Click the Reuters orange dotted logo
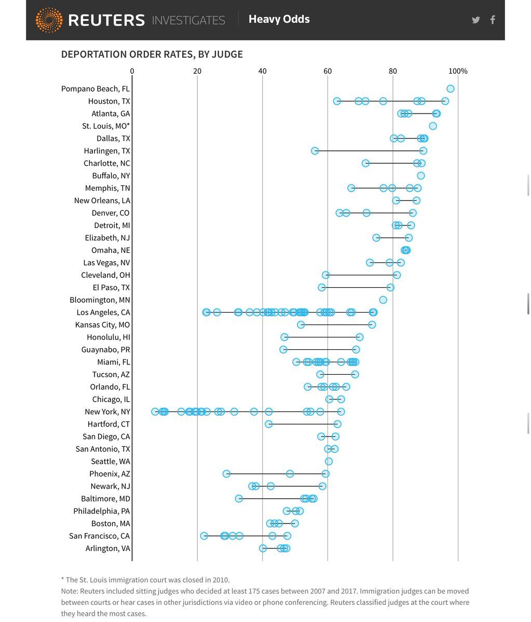pyautogui.click(x=49, y=20)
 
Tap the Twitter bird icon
pyautogui.click(x=475, y=20)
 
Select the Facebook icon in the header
pyautogui.click(x=493, y=20)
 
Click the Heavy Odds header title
pyautogui.click(x=279, y=20)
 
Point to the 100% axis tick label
pyautogui.click(x=458, y=71)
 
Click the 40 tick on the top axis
pyautogui.click(x=263, y=71)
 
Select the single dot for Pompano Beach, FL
pyautogui.click(x=450, y=89)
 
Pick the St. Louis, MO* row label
pyautogui.click(x=106, y=126)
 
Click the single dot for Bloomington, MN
pyautogui.click(x=383, y=300)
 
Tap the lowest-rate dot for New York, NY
pyautogui.click(x=155, y=412)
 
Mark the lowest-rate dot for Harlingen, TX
pyautogui.click(x=315, y=151)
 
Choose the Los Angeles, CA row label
pyautogui.click(x=103, y=313)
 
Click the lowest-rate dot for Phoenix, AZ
pyautogui.click(x=226, y=474)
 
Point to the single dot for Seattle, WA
pyautogui.click(x=329, y=461)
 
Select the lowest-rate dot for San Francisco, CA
pyautogui.click(x=204, y=536)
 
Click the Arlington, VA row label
pyautogui.click(x=108, y=548)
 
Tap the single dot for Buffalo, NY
pyautogui.click(x=421, y=176)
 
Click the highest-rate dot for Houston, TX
pyautogui.click(x=445, y=101)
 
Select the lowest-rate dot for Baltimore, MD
pyautogui.click(x=239, y=499)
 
